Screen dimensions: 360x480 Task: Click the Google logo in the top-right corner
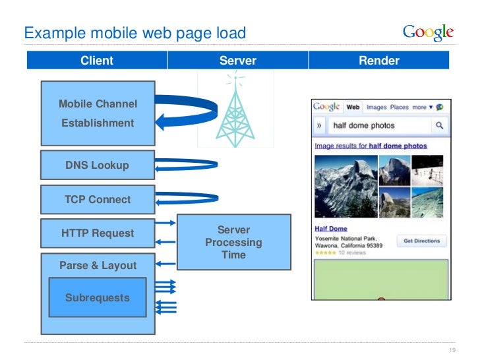point(428,32)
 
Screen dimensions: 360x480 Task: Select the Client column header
point(97,61)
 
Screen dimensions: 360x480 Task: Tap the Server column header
point(237,61)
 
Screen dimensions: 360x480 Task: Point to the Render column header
point(378,61)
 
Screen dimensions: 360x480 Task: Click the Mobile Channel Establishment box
point(98,113)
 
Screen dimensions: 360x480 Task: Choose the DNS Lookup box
point(98,165)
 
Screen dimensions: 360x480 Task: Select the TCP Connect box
point(98,199)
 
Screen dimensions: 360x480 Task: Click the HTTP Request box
point(98,233)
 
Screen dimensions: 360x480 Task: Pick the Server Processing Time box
point(233,242)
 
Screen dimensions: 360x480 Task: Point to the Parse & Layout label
point(98,266)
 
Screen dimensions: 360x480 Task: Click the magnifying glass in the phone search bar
point(439,125)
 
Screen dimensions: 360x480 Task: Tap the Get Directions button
point(421,241)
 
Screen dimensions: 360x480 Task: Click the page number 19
point(452,350)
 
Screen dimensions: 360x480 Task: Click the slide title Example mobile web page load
point(135,32)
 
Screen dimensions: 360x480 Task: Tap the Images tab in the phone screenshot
point(376,107)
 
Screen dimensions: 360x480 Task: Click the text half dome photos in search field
point(364,125)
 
